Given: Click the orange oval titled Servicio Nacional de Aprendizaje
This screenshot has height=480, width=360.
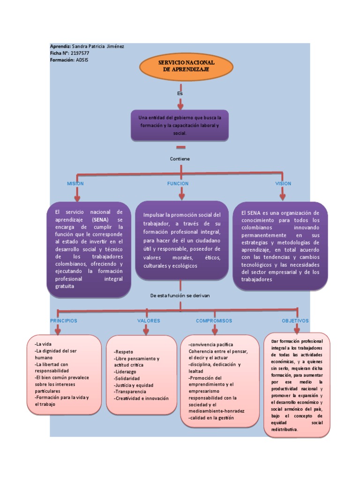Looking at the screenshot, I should pyautogui.click(x=186, y=66).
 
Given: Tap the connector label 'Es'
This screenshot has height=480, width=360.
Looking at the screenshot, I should pyautogui.click(x=180, y=93).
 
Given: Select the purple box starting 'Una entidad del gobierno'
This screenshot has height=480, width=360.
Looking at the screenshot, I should pyautogui.click(x=180, y=125).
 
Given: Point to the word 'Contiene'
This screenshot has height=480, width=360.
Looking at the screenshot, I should pyautogui.click(x=180, y=159).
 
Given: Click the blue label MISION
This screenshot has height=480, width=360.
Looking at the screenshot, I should pyautogui.click(x=75, y=184).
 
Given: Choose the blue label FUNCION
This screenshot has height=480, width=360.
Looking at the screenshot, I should pyautogui.click(x=178, y=184).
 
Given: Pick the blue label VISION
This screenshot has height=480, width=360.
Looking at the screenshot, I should pyautogui.click(x=283, y=184).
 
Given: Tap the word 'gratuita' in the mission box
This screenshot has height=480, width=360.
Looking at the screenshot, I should pyautogui.click(x=64, y=286).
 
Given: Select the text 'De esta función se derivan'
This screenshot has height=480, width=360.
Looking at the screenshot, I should pyautogui.click(x=180, y=296).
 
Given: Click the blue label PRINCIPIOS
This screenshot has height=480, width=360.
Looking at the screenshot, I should pyautogui.click(x=64, y=321).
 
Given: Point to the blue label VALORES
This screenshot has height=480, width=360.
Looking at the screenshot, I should pyautogui.click(x=149, y=321).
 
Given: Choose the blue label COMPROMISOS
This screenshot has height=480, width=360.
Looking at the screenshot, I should pyautogui.click(x=214, y=321).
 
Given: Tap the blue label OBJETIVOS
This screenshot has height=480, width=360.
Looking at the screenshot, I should pyautogui.click(x=295, y=321).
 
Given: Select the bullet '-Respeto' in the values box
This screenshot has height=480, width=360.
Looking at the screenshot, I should pyautogui.click(x=124, y=352).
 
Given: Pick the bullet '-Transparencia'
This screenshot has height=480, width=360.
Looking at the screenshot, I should pyautogui.click(x=130, y=391).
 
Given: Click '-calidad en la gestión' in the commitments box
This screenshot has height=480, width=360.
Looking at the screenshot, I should pyautogui.click(x=211, y=418).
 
